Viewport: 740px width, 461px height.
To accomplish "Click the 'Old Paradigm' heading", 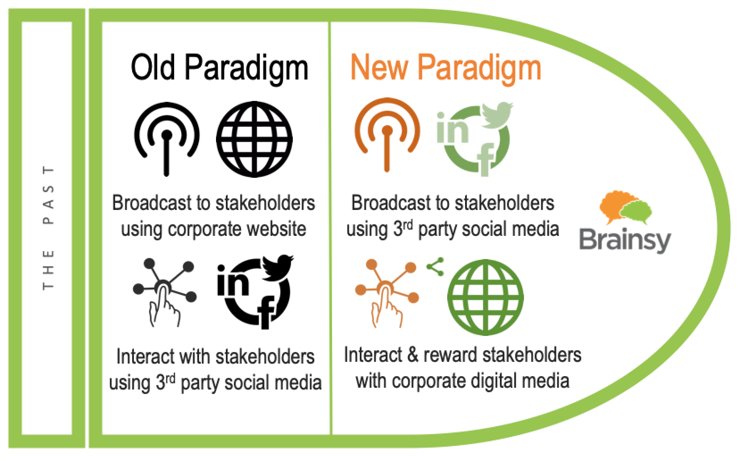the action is (x=220, y=68).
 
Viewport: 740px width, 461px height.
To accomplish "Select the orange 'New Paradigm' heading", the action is (x=446, y=68).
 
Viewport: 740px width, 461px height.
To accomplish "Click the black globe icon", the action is (x=254, y=139).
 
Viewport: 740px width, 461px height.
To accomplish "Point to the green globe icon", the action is (x=485, y=298).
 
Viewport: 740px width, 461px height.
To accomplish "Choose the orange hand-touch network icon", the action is (x=387, y=293).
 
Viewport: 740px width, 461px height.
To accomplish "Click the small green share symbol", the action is (x=436, y=267).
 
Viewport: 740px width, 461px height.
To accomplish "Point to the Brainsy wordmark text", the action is (x=625, y=240).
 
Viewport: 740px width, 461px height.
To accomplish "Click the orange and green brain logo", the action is (x=625, y=207).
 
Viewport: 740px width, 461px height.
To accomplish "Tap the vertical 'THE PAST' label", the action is (x=48, y=228).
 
